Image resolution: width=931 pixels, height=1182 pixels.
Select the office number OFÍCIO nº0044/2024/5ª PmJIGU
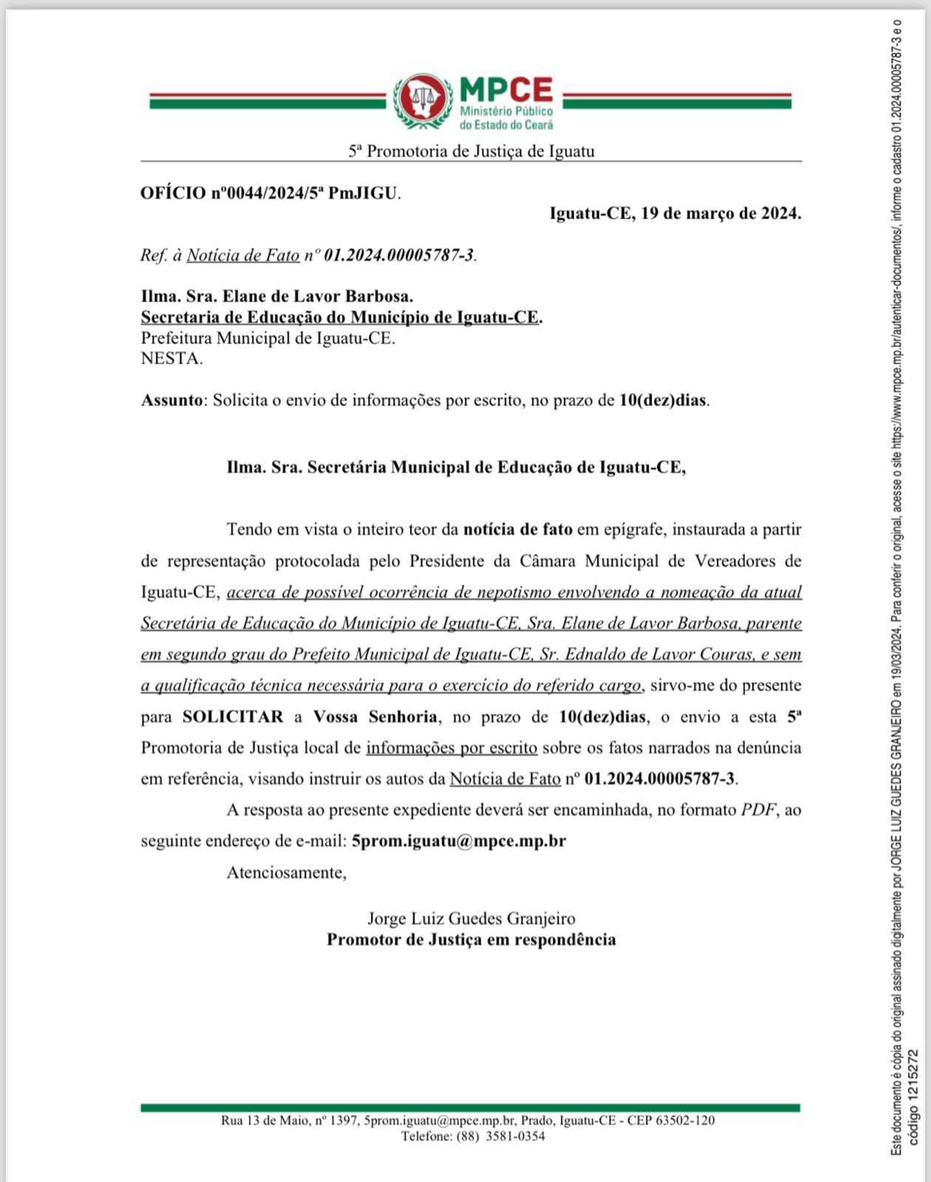(270, 194)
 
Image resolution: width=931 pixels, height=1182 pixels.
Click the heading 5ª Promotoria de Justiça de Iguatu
(471, 151)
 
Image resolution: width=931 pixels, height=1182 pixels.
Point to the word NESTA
(171, 359)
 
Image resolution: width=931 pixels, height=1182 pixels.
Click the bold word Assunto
(171, 400)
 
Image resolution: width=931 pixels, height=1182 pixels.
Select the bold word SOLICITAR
(233, 717)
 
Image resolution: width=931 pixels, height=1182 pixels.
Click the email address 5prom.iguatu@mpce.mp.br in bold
(459, 841)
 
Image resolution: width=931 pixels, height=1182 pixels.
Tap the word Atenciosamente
(287, 872)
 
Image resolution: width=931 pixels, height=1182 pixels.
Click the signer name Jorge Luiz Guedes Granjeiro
(471, 919)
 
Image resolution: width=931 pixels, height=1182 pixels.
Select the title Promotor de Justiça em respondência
(471, 940)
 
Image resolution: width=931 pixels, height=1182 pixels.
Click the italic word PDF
(759, 810)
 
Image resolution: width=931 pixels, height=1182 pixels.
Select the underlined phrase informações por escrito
(451, 748)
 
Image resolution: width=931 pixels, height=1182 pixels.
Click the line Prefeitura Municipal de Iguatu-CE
(268, 338)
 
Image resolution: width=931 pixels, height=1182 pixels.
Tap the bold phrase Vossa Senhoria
(375, 717)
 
